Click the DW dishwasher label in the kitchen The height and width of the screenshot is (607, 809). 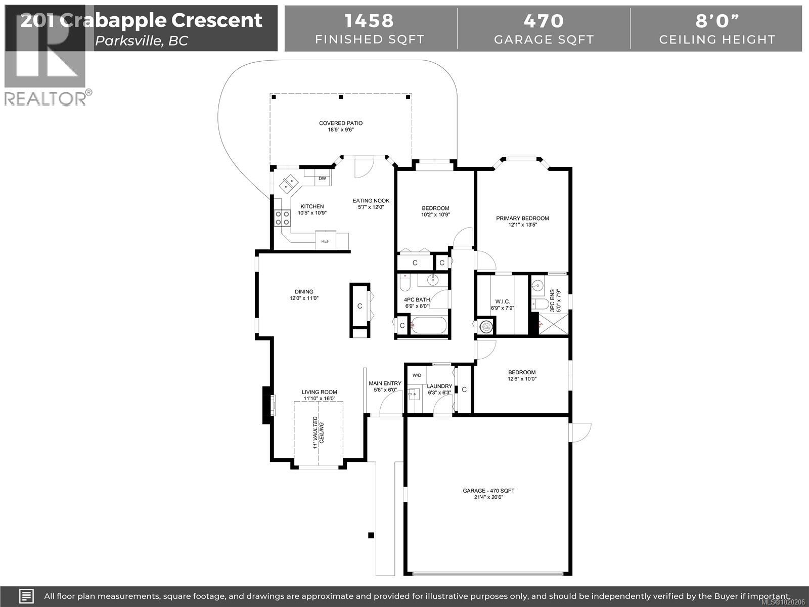322,179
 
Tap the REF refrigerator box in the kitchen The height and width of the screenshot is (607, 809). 325,241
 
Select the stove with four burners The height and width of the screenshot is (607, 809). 282,218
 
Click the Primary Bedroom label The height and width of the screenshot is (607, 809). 522,219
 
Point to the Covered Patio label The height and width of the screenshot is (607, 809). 340,123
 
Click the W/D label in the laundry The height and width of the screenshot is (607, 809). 417,375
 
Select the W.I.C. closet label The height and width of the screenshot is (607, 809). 502,301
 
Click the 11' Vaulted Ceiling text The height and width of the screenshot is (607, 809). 318,432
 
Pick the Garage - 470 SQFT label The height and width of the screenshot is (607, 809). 488,491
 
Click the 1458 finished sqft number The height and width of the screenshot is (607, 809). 370,21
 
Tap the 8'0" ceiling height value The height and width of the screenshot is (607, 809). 716,21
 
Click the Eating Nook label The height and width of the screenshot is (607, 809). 371,201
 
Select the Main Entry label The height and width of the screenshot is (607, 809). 385,383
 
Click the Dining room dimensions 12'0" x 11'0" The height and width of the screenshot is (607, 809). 304,298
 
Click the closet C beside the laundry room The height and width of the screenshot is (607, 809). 464,389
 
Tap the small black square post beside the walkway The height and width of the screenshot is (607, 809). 371,535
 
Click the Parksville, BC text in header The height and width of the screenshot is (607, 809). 142,41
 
